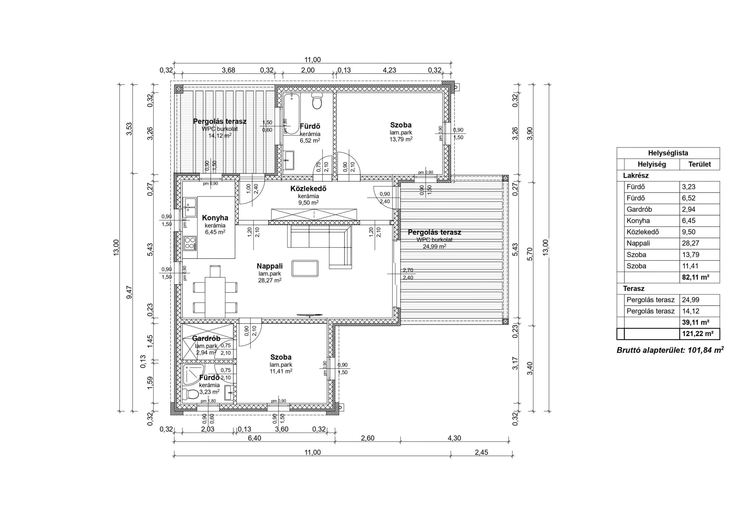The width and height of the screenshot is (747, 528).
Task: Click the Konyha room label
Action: [x=215, y=218]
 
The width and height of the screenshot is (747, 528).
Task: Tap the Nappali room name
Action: [x=270, y=266]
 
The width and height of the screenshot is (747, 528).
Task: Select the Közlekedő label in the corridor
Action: [x=308, y=188]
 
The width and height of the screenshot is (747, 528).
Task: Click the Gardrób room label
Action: [x=206, y=338]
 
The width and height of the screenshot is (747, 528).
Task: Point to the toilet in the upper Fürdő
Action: [x=317, y=101]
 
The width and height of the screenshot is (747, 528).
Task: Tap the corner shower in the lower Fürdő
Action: [x=193, y=375]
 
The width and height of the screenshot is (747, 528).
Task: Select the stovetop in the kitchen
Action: [x=190, y=243]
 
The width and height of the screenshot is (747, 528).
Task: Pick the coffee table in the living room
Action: [x=305, y=268]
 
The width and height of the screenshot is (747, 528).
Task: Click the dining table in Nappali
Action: [x=215, y=297]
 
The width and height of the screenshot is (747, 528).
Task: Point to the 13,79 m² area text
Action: [x=401, y=139]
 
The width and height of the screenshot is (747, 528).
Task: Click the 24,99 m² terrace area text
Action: [x=434, y=246]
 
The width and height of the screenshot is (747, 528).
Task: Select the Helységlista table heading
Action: [x=668, y=153]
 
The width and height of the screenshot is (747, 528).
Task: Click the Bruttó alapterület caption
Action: [x=670, y=350]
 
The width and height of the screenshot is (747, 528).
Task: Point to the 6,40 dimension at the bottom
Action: [x=254, y=438]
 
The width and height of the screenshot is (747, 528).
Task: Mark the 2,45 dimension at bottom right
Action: [x=481, y=452]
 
